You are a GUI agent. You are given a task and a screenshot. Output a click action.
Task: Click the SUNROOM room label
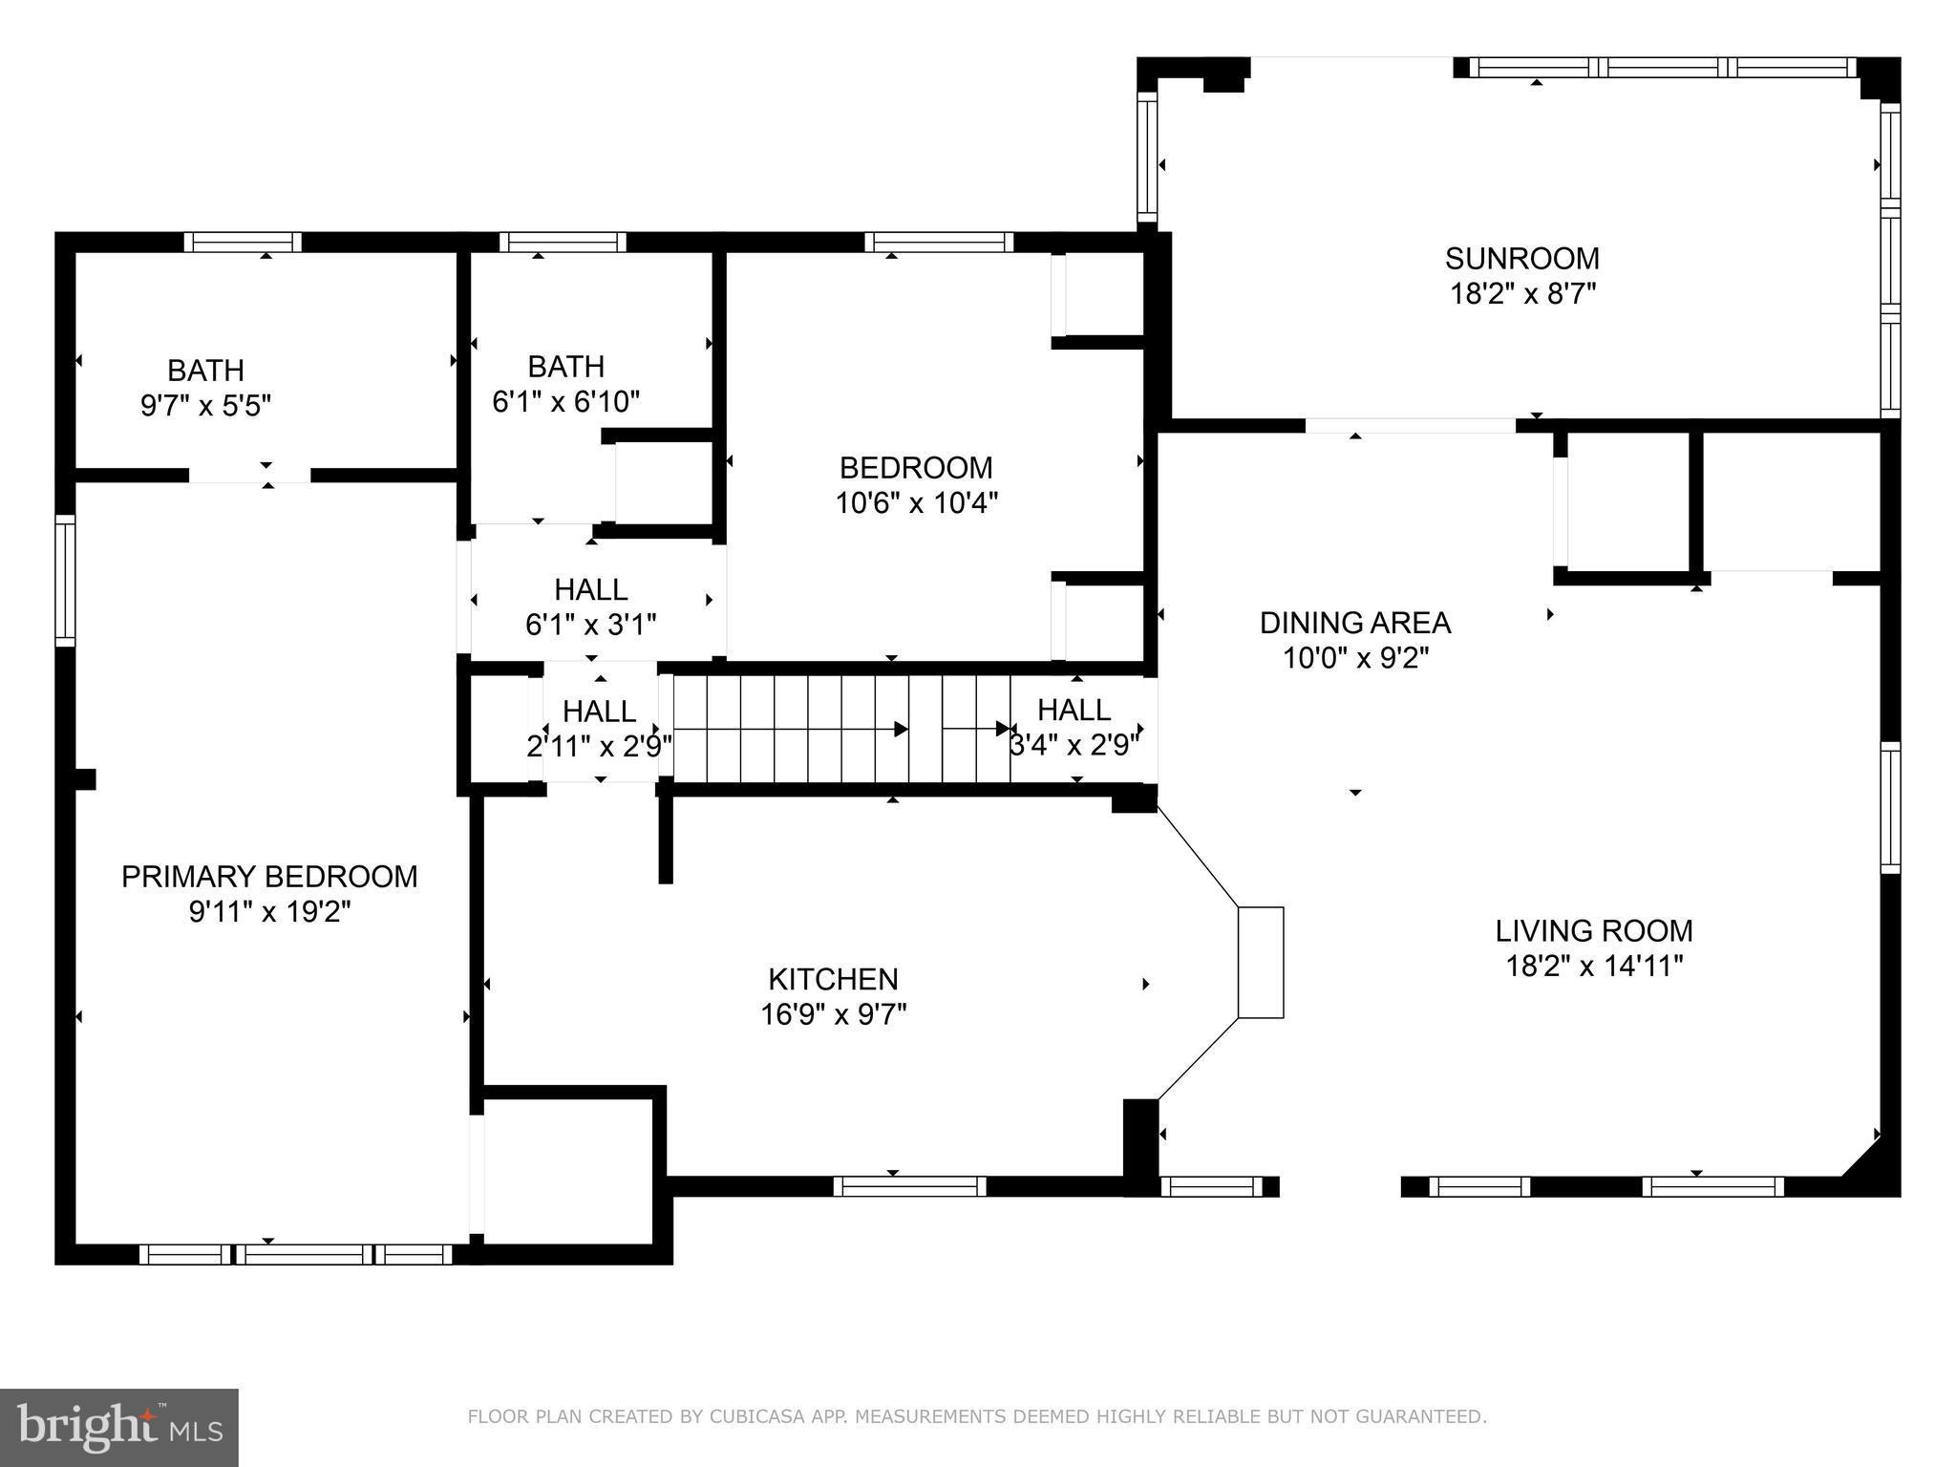[1521, 259]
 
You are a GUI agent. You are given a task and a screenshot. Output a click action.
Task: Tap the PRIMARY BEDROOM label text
[269, 877]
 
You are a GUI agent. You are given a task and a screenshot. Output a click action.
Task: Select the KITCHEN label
[833, 979]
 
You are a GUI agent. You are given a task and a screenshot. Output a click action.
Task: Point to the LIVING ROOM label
[1594, 930]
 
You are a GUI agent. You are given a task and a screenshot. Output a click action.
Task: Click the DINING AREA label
[1355, 623]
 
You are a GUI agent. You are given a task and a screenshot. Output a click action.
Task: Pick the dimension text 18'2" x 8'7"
[1523, 293]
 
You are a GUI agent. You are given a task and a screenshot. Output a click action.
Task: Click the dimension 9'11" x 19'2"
[270, 912]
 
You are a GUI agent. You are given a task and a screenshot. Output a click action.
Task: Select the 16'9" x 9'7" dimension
[833, 1014]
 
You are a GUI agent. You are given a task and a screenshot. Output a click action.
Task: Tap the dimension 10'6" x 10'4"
[917, 502]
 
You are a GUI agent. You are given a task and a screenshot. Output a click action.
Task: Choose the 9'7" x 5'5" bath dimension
[206, 406]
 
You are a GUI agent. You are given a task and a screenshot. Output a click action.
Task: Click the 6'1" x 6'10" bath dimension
[565, 401]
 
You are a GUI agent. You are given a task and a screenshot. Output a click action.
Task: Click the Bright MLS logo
[119, 1428]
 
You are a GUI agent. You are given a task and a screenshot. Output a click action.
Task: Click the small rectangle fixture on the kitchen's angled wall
[1261, 962]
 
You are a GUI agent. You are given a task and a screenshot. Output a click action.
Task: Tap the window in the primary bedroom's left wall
[65, 581]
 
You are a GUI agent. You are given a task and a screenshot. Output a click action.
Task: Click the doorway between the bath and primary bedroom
[249, 475]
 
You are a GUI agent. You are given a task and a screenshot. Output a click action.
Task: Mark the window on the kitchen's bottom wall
[909, 1186]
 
